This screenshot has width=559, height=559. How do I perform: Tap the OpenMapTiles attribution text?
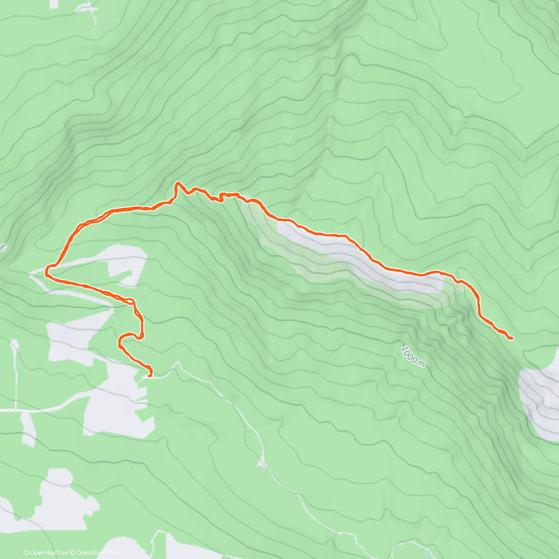49,553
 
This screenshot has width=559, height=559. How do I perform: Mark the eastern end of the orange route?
512,338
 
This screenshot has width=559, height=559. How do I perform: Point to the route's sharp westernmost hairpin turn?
47,271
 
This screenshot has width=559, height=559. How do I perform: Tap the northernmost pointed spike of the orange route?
177,184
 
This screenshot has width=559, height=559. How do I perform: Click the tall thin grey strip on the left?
15,373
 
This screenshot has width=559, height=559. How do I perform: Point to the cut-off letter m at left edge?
3,247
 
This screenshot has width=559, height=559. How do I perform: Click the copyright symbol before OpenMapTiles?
26,553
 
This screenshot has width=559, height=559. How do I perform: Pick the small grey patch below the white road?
28,429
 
